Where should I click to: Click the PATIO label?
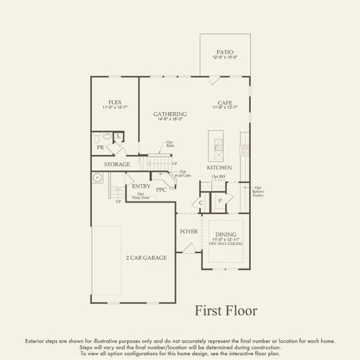(226, 52)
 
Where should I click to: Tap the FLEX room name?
(115, 102)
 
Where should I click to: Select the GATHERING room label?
(170, 114)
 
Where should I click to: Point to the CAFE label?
(226, 102)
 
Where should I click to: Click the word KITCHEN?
(220, 167)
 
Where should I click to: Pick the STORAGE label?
(117, 164)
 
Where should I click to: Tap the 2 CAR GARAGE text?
(146, 257)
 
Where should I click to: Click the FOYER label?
(188, 231)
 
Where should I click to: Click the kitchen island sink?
(218, 145)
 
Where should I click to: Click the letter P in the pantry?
(220, 201)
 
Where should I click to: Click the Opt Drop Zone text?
(140, 196)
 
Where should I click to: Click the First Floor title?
(226, 310)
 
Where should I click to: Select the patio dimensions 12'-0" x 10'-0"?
(226, 58)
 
